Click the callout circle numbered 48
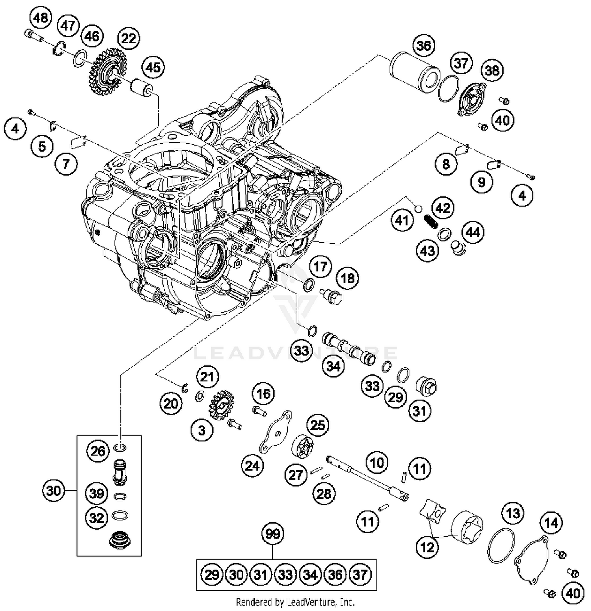[x=41, y=18]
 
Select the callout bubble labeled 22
[x=128, y=38]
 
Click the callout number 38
[x=492, y=70]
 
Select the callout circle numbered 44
[x=473, y=232]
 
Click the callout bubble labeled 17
[x=320, y=267]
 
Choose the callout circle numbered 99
[x=273, y=534]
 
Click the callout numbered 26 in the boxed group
[x=98, y=451]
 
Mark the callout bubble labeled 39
[x=97, y=493]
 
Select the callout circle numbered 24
[x=252, y=466]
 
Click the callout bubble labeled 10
[x=377, y=462]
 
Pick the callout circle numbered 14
[x=551, y=523]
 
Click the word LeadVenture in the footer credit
[x=307, y=602]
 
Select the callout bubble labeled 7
[x=66, y=163]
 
